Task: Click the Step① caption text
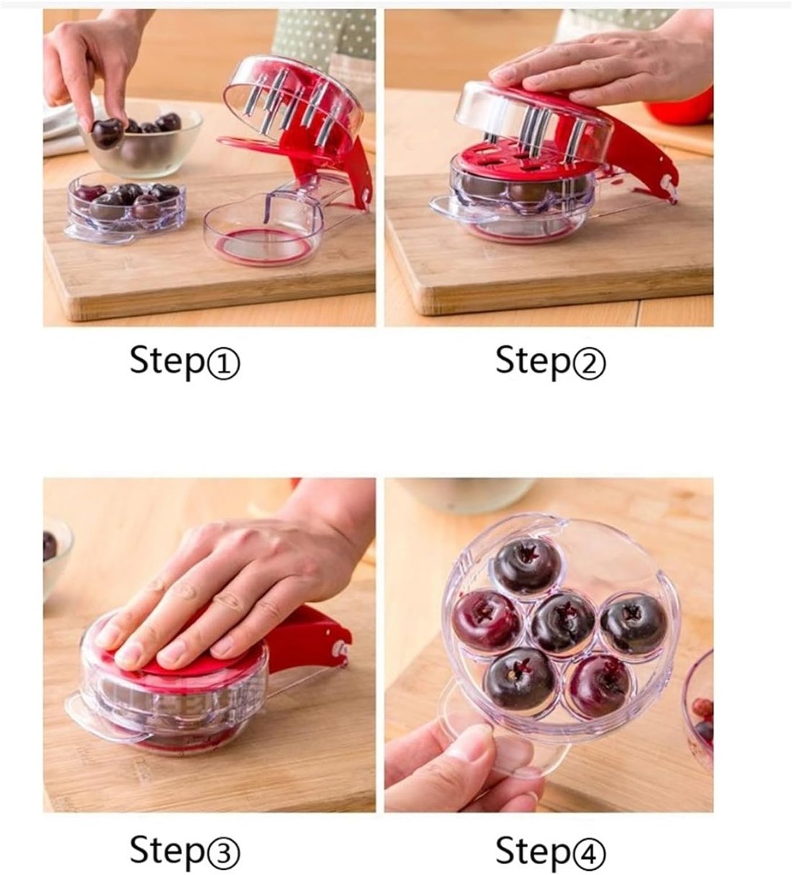coord(185,361)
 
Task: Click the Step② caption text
coord(551,361)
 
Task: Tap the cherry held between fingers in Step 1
coord(107,132)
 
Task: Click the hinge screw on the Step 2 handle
coord(666,181)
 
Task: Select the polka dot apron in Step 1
coord(325,40)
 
